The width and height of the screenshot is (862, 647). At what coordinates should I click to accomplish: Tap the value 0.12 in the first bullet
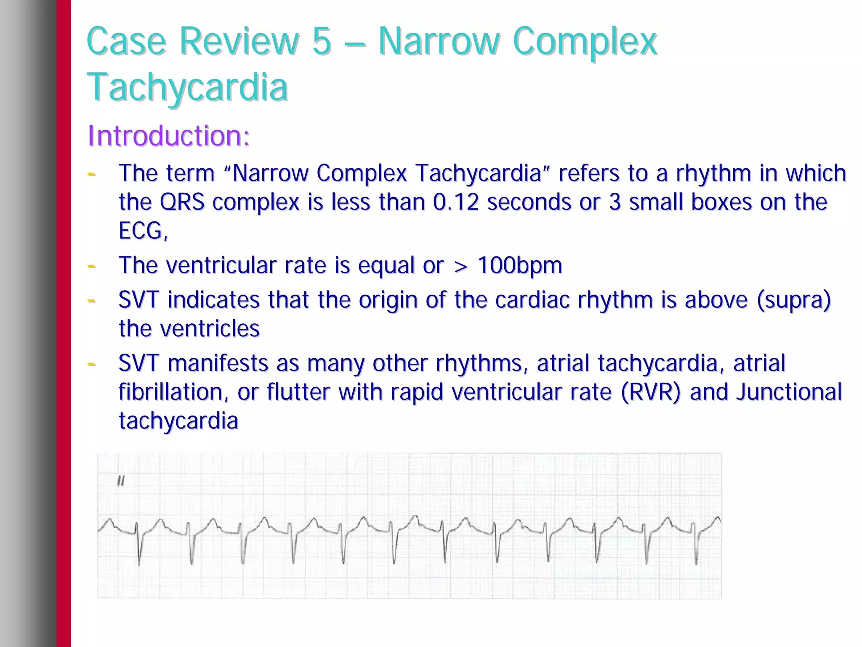pyautogui.click(x=456, y=202)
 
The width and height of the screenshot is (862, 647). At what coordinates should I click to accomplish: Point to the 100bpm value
pyautogui.click(x=520, y=265)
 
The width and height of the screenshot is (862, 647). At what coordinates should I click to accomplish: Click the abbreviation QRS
pyautogui.click(x=182, y=202)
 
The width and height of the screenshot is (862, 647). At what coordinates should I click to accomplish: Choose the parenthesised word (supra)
pyautogui.click(x=793, y=300)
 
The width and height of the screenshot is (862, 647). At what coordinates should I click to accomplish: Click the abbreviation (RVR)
pyautogui.click(x=650, y=392)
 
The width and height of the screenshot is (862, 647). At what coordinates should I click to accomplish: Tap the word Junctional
pyautogui.click(x=788, y=392)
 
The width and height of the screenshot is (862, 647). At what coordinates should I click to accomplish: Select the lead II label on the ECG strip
pyautogui.click(x=121, y=481)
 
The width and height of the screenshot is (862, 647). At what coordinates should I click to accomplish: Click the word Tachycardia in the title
pyautogui.click(x=187, y=87)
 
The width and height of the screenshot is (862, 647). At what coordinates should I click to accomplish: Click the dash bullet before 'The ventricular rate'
pyautogui.click(x=91, y=265)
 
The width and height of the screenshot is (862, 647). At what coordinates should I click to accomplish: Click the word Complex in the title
pyautogui.click(x=585, y=41)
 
